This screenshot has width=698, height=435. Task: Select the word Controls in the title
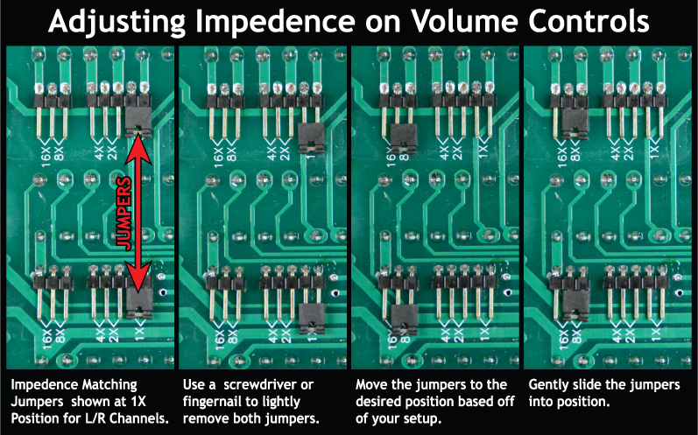(589, 21)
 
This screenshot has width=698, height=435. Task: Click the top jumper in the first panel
(138, 122)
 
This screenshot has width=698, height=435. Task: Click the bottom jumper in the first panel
(139, 304)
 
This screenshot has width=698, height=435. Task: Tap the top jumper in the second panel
(311, 139)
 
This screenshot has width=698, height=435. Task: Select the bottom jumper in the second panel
(312, 319)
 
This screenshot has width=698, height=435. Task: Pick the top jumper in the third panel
(404, 139)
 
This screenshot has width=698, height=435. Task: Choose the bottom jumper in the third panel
(405, 319)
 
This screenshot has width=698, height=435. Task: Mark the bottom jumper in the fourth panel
(576, 305)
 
